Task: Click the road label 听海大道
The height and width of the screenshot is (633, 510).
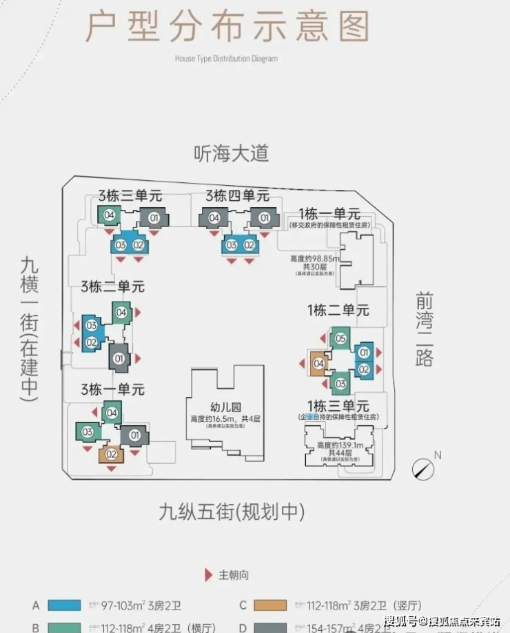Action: [x=230, y=154]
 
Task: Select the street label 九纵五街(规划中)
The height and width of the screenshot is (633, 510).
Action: [x=231, y=512]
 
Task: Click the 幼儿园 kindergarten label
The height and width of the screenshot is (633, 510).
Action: [x=223, y=407]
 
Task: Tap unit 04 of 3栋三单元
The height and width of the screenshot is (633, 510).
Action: [x=109, y=215]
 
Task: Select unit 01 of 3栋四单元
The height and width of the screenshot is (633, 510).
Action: [x=265, y=218]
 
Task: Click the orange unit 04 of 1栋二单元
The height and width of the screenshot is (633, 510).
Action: [x=318, y=364]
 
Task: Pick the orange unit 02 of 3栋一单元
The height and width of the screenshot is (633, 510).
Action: [x=110, y=454]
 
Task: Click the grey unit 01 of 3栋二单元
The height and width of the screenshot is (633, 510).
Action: [x=119, y=358]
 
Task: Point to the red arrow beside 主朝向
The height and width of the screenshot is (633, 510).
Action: [x=208, y=575]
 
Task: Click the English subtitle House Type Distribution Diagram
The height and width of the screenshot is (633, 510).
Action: [x=225, y=59]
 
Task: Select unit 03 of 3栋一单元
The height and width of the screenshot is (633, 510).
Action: [x=88, y=432]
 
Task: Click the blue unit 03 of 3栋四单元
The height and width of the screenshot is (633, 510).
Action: [x=232, y=245]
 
